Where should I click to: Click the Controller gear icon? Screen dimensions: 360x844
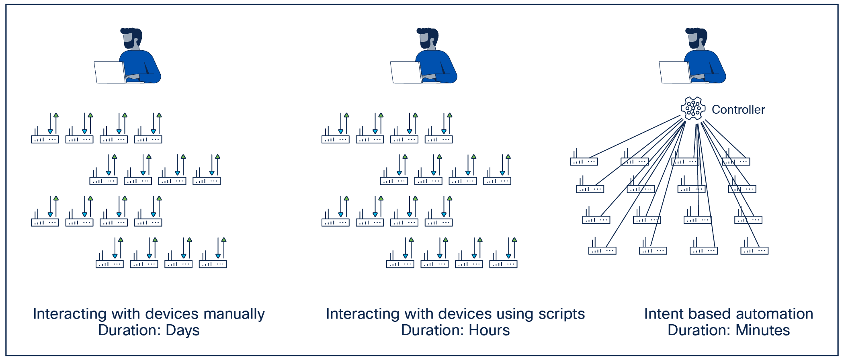693,108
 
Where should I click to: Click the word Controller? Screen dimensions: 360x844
738,110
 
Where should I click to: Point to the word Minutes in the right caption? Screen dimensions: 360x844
762,330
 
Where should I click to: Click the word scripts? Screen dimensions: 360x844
561,314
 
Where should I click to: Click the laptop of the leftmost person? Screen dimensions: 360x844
109,72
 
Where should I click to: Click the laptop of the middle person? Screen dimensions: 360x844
406,72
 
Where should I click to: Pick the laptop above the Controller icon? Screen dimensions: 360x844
674,72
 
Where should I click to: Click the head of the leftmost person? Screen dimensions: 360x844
131,38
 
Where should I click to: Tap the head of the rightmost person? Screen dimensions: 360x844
696,38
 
